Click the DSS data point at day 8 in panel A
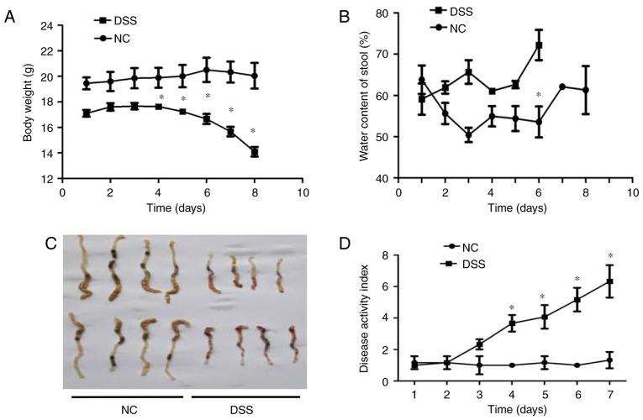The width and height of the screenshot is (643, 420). pyautogui.click(x=254, y=152)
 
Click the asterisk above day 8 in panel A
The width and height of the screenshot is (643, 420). pyautogui.click(x=253, y=131)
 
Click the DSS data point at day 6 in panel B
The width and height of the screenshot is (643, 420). pyautogui.click(x=540, y=45)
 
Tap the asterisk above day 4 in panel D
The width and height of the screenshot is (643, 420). pyautogui.click(x=512, y=307)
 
